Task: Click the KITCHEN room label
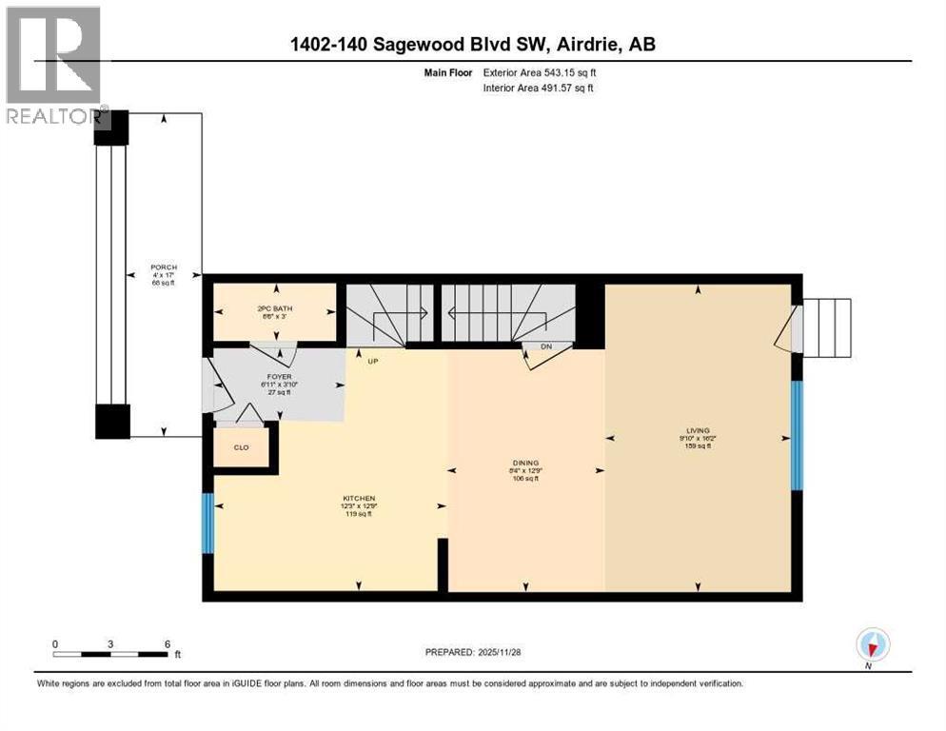(359, 498)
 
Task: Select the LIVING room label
(702, 430)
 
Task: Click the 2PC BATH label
(273, 307)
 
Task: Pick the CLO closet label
(241, 446)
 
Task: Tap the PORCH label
(164, 267)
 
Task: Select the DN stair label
(546, 346)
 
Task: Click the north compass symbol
(871, 644)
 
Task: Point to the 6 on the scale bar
(168, 643)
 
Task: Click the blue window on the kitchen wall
(207, 523)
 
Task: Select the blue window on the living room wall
(798, 436)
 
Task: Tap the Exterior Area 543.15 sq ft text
(540, 71)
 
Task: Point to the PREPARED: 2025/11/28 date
(473, 652)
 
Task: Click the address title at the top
(473, 44)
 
